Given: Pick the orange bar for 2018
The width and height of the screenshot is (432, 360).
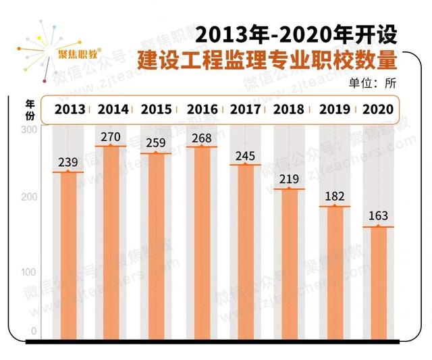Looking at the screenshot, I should (289, 263).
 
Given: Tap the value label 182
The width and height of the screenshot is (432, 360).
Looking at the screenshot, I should (333, 197).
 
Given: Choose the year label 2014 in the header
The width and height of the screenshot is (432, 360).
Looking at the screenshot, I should (113, 109).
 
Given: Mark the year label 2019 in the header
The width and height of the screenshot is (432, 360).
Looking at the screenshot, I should (333, 109).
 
